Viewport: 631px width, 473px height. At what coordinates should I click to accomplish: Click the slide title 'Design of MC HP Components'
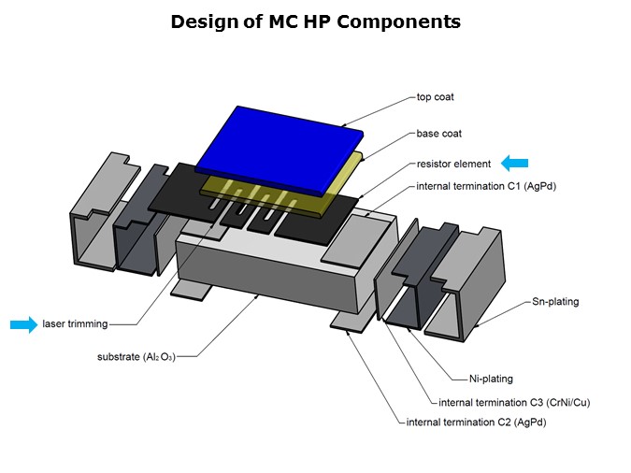click(315, 21)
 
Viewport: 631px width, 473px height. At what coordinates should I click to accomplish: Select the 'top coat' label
click(435, 97)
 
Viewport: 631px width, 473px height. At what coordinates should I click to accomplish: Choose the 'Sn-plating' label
click(556, 302)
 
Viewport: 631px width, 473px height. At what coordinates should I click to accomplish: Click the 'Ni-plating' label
click(491, 379)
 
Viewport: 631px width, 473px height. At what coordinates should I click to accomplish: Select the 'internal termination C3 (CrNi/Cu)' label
click(514, 402)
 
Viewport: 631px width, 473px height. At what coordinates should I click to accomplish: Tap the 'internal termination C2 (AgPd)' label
click(476, 423)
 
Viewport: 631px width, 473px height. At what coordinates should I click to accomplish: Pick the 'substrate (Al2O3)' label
click(136, 357)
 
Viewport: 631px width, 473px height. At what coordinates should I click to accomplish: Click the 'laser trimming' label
click(75, 324)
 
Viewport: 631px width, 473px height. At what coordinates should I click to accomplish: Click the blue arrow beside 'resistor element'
click(515, 163)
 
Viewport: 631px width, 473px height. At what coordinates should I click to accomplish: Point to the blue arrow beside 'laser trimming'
click(23, 324)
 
